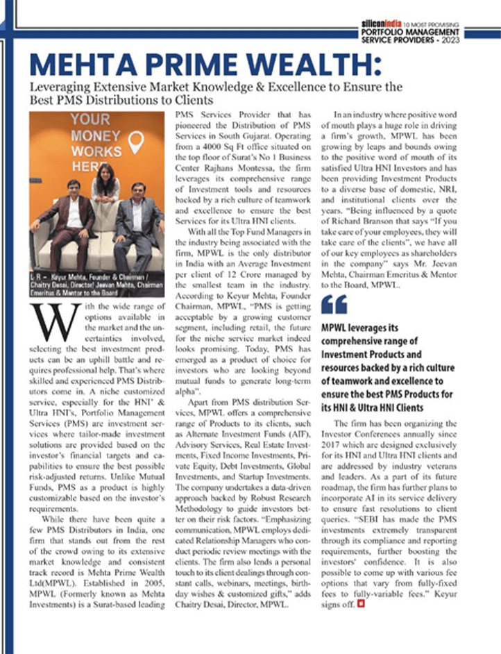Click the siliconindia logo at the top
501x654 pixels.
tap(382, 24)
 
